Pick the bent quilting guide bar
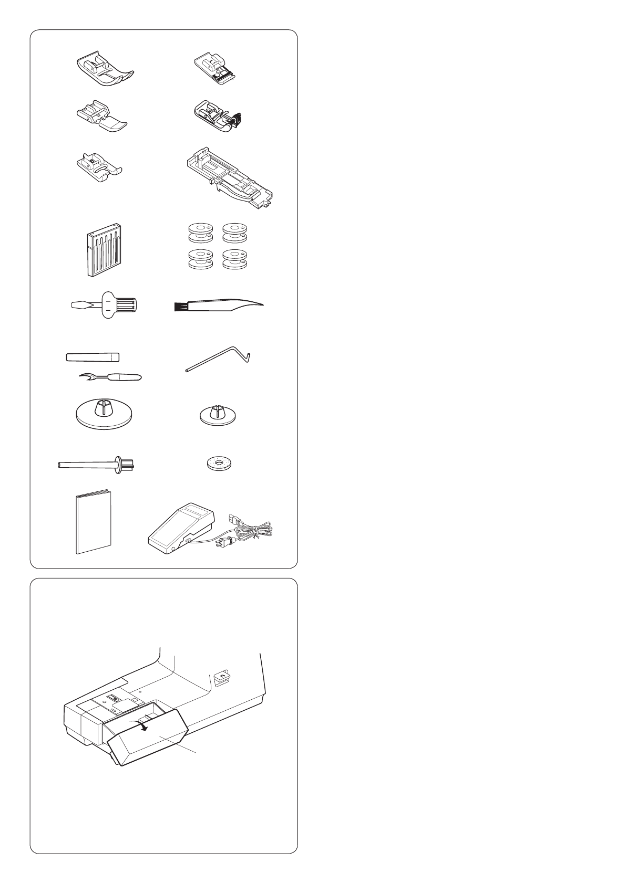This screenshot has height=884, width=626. coord(218,362)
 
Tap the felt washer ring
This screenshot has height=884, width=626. coord(218,464)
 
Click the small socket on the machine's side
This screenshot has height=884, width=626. coord(221,679)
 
